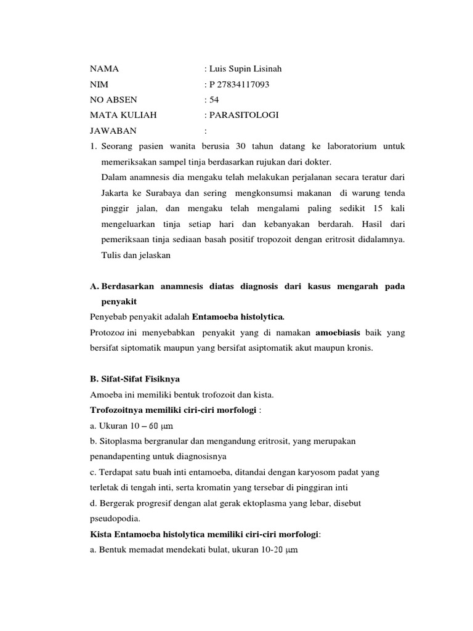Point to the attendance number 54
point(214,100)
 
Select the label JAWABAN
point(113,131)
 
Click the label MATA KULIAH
point(123,115)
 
